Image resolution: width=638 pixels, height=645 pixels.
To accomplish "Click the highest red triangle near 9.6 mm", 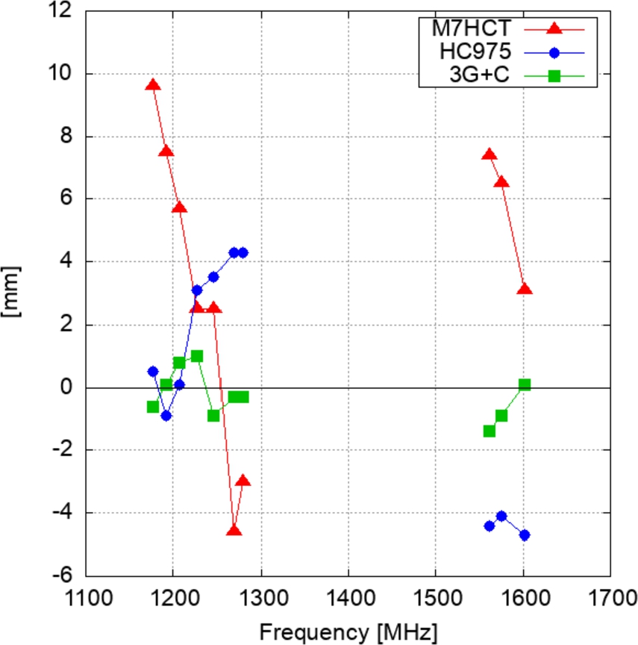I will (x=153, y=85).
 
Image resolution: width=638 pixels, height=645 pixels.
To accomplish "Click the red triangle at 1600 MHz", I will (x=525, y=289).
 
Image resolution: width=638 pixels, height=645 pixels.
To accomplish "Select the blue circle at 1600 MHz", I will (x=525, y=535).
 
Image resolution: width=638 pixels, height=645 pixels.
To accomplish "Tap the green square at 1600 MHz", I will (x=525, y=384).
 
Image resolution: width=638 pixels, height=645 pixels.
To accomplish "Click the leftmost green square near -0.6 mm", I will (x=153, y=407).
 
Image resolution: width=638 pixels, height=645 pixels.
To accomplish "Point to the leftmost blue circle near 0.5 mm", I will (x=153, y=371).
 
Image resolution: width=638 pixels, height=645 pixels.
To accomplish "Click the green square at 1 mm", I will (x=197, y=356).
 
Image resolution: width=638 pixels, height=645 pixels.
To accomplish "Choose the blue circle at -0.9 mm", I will (x=166, y=416).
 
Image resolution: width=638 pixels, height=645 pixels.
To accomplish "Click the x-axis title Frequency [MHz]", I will (x=348, y=632).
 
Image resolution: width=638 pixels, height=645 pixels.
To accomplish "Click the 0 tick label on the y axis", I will (x=67, y=387).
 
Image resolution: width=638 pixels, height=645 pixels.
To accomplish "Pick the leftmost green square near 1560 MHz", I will (x=490, y=431).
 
